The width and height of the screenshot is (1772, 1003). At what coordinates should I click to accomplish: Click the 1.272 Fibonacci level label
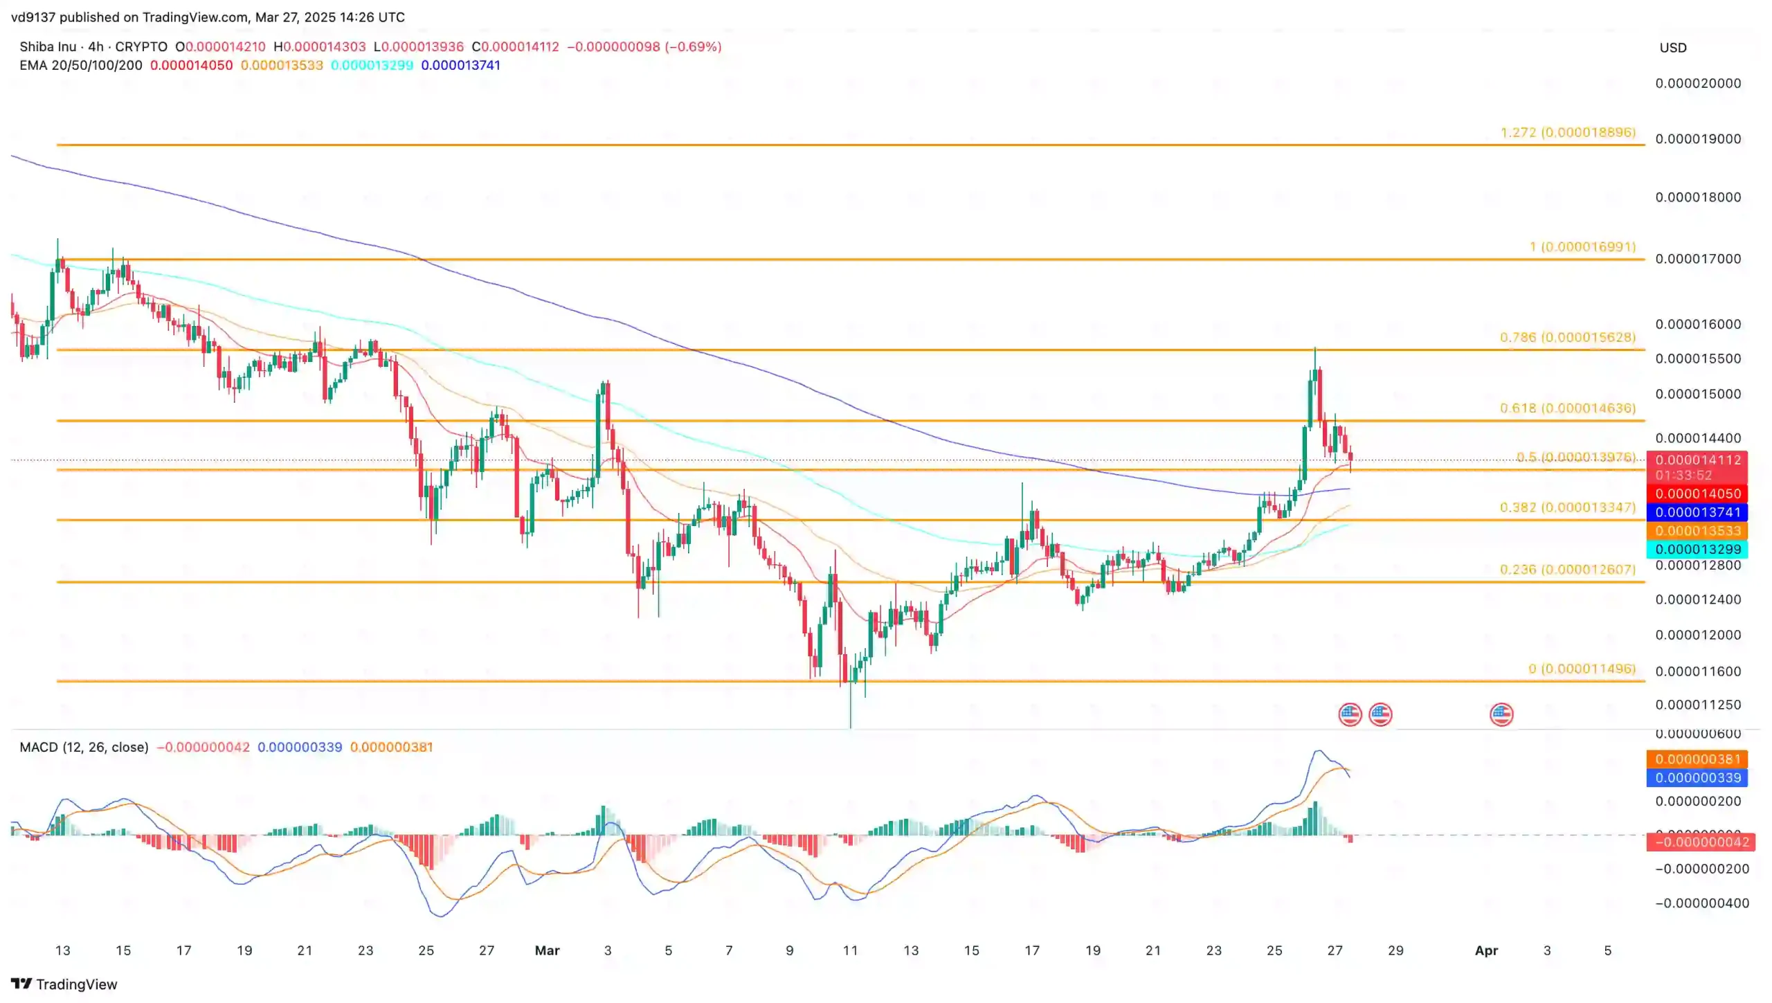point(1567,132)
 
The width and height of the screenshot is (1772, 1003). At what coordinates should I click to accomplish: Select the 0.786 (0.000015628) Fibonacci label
point(1567,337)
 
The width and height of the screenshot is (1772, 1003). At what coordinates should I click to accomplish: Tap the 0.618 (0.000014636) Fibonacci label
point(1567,408)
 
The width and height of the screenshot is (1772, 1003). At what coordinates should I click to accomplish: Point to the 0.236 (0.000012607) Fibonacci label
point(1567,570)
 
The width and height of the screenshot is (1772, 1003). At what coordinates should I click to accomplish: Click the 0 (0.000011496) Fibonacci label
point(1582,669)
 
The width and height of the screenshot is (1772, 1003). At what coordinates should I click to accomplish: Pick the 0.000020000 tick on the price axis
point(1697,83)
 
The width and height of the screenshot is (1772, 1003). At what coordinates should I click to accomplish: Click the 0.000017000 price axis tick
point(1697,259)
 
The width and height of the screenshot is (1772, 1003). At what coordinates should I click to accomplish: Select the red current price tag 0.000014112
point(1697,460)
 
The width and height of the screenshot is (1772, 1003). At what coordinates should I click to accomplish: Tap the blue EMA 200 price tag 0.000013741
point(1697,513)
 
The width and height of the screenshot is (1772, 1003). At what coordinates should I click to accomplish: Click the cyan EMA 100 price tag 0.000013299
point(1697,550)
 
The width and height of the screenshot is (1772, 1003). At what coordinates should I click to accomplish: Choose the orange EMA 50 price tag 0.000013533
point(1697,531)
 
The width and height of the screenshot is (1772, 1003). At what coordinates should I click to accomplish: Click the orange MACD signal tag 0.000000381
point(1697,759)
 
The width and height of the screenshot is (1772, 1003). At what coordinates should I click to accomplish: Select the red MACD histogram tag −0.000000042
point(1697,842)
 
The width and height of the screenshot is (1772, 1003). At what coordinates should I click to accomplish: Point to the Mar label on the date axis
point(547,951)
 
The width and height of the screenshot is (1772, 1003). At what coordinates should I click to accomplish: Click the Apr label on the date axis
point(1486,951)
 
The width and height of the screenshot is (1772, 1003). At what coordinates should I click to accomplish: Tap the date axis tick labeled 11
point(850,951)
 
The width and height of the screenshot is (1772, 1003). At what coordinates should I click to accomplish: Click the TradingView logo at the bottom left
point(64,984)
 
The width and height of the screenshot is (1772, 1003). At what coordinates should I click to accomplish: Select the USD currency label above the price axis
point(1673,48)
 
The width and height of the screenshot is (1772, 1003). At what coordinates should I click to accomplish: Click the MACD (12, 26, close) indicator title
point(84,748)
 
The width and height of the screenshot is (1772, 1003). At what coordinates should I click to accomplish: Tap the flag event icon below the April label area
point(1501,714)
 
